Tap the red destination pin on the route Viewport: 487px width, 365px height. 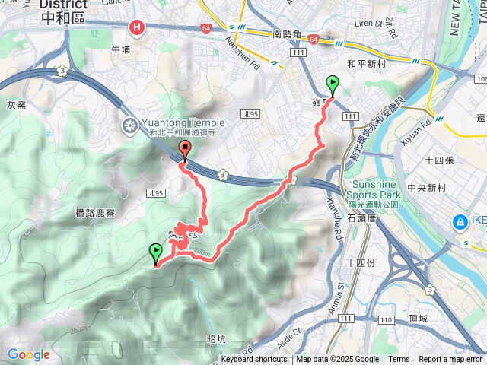click(183, 149)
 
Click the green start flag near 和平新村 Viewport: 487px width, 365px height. click(333, 84)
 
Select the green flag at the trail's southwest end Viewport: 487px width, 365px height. click(156, 252)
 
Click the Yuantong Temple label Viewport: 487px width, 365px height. click(182, 123)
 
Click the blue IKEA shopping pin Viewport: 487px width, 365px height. click(460, 223)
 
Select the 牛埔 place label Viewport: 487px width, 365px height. click(121, 49)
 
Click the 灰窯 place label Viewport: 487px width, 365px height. click(17, 105)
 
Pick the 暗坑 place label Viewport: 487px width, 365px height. click(217, 339)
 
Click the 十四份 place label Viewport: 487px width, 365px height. click(360, 263)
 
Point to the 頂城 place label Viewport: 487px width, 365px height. click(419, 319)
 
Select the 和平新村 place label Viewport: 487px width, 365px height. click(367, 65)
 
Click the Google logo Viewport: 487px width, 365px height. click(29, 354)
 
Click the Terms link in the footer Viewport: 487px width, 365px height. click(399, 360)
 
